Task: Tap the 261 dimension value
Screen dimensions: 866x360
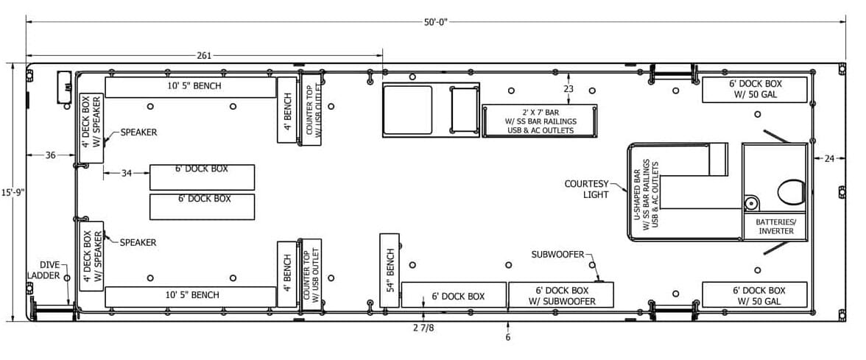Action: (204, 56)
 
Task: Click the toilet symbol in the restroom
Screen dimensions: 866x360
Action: (792, 192)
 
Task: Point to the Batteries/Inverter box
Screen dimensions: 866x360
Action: (775, 227)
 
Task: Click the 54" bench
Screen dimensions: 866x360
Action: (390, 271)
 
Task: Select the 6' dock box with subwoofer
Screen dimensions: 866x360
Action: (561, 294)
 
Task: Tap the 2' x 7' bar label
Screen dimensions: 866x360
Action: (539, 121)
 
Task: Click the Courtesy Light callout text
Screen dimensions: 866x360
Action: (586, 188)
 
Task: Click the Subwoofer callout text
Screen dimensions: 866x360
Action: (558, 255)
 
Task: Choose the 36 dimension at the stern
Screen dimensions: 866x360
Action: (50, 155)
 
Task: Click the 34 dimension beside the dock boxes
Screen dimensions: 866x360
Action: (127, 174)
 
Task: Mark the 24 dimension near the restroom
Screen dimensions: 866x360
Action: (829, 158)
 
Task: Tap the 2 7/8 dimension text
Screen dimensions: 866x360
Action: (423, 328)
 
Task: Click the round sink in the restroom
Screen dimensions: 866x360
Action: (750, 203)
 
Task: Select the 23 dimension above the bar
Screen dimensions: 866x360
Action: (568, 88)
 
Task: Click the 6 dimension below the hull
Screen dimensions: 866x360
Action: (507, 337)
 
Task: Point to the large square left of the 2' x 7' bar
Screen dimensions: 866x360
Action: (408, 109)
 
